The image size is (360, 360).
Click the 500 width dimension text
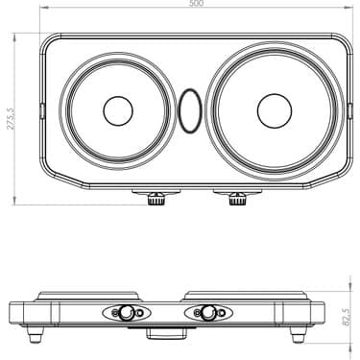pos(196,5)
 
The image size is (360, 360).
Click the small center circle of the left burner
pos(118,111)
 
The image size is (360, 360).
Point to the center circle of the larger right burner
pos(274,110)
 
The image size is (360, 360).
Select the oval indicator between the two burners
pos(190,111)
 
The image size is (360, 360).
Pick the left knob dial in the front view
pos(125,313)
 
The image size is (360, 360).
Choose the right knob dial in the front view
pos(204,313)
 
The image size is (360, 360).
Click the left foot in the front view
pos(37,333)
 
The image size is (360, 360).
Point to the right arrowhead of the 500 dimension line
pos(349,10)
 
